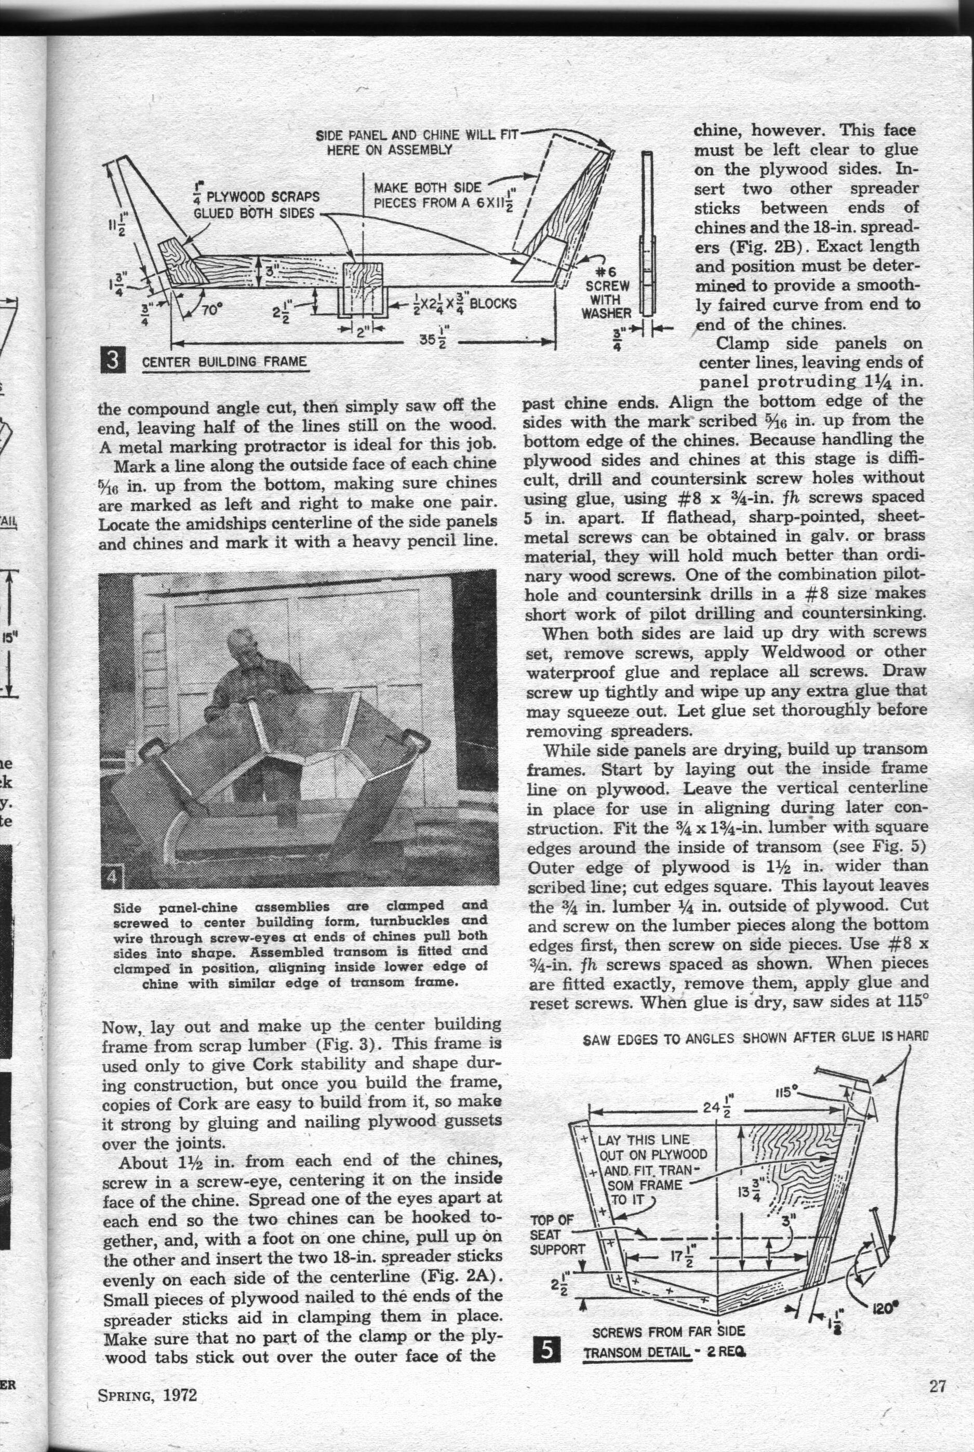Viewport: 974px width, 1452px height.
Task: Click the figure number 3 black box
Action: click(114, 360)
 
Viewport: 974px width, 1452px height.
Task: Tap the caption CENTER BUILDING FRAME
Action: click(224, 361)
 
